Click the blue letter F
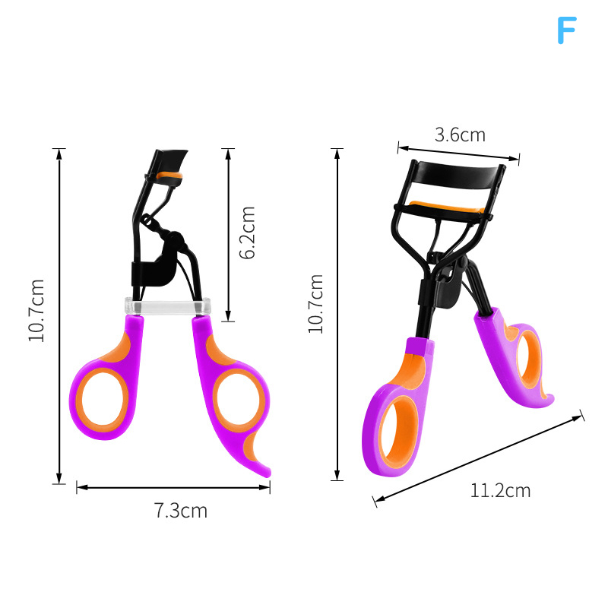(x=566, y=30)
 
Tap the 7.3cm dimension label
(x=181, y=510)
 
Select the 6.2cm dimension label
(x=247, y=233)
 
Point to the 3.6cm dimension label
(x=460, y=135)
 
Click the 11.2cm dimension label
(x=500, y=490)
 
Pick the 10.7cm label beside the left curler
(x=36, y=311)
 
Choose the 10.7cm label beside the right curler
(x=315, y=303)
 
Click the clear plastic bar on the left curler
(x=167, y=306)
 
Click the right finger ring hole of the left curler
(x=238, y=400)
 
